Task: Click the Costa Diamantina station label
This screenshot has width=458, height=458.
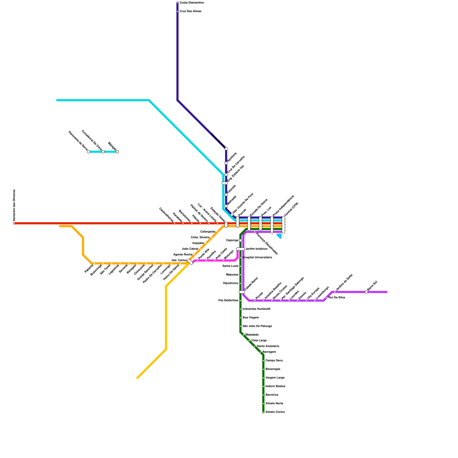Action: (x=192, y=3)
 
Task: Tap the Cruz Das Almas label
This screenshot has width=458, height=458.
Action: (x=190, y=11)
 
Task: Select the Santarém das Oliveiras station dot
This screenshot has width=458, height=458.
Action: (x=14, y=223)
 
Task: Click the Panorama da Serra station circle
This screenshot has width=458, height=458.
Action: (x=89, y=152)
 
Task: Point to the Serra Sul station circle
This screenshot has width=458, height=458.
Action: (x=366, y=292)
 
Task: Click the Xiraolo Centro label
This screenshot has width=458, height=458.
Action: (x=275, y=412)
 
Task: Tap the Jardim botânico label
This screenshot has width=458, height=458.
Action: (x=256, y=249)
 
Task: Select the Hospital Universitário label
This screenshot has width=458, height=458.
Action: (x=257, y=258)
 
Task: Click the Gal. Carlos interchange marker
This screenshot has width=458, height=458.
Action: (x=190, y=262)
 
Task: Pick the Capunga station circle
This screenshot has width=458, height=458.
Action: (x=240, y=240)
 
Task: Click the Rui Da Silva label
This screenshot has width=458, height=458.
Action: (x=337, y=298)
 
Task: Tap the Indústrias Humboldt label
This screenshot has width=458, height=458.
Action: (x=256, y=309)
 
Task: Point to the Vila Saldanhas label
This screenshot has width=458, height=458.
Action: (x=228, y=301)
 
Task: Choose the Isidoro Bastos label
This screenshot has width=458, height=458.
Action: (x=275, y=386)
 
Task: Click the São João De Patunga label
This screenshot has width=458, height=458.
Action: (x=257, y=326)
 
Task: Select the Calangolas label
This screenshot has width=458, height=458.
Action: (x=208, y=232)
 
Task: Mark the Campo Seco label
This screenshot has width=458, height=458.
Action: (x=274, y=361)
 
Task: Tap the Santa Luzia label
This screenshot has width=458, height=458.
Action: (x=230, y=266)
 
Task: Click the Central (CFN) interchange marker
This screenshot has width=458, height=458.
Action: (x=283, y=225)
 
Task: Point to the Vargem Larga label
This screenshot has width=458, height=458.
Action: (x=275, y=378)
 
